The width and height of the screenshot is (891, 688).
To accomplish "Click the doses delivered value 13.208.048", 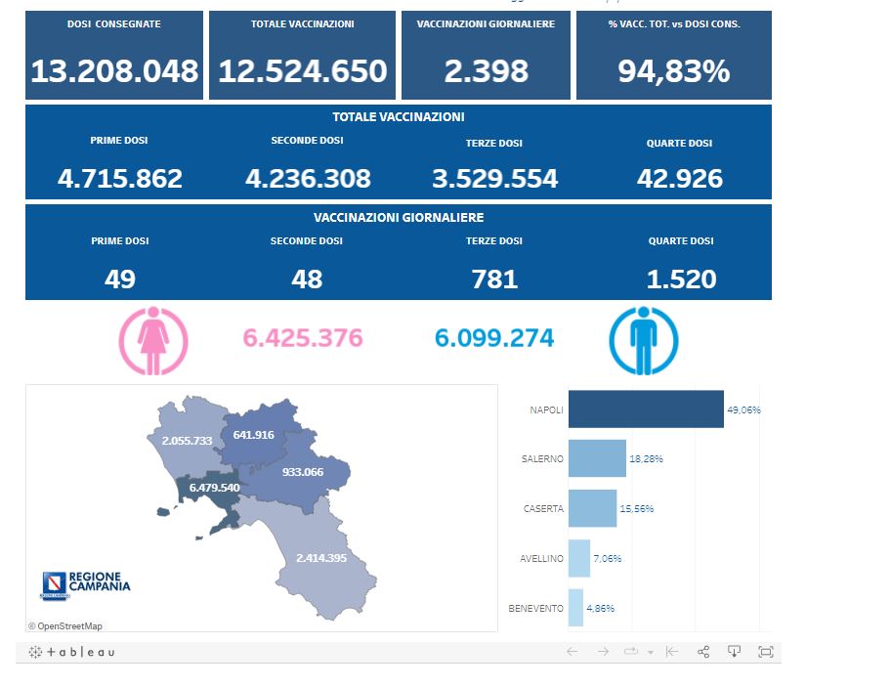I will click(x=114, y=70).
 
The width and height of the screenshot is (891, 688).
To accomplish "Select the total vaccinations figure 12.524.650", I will click(x=303, y=70).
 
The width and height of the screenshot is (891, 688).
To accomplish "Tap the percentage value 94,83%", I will click(x=673, y=70).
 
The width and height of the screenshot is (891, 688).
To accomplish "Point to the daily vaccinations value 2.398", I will click(x=486, y=70).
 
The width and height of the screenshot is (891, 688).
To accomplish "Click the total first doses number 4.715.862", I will click(x=120, y=179).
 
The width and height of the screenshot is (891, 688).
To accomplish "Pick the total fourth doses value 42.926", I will click(x=679, y=179).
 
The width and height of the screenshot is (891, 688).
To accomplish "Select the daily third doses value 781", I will click(x=494, y=279).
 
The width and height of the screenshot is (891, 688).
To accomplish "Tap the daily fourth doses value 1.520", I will click(x=681, y=279).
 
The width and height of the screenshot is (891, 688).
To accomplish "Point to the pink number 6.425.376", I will click(x=303, y=338).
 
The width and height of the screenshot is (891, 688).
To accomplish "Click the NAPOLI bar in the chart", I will click(x=645, y=409).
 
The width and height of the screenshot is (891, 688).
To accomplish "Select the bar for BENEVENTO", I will click(x=575, y=608).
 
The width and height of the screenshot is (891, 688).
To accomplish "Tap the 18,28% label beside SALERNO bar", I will click(x=646, y=458).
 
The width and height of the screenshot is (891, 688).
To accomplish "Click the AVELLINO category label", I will click(x=542, y=558).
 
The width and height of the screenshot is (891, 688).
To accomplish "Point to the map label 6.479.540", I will click(x=214, y=487).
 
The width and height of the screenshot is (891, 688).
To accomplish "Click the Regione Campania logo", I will click(x=85, y=584).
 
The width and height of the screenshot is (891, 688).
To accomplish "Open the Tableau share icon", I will click(x=703, y=652).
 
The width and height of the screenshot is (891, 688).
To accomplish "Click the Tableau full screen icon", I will click(x=766, y=652).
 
